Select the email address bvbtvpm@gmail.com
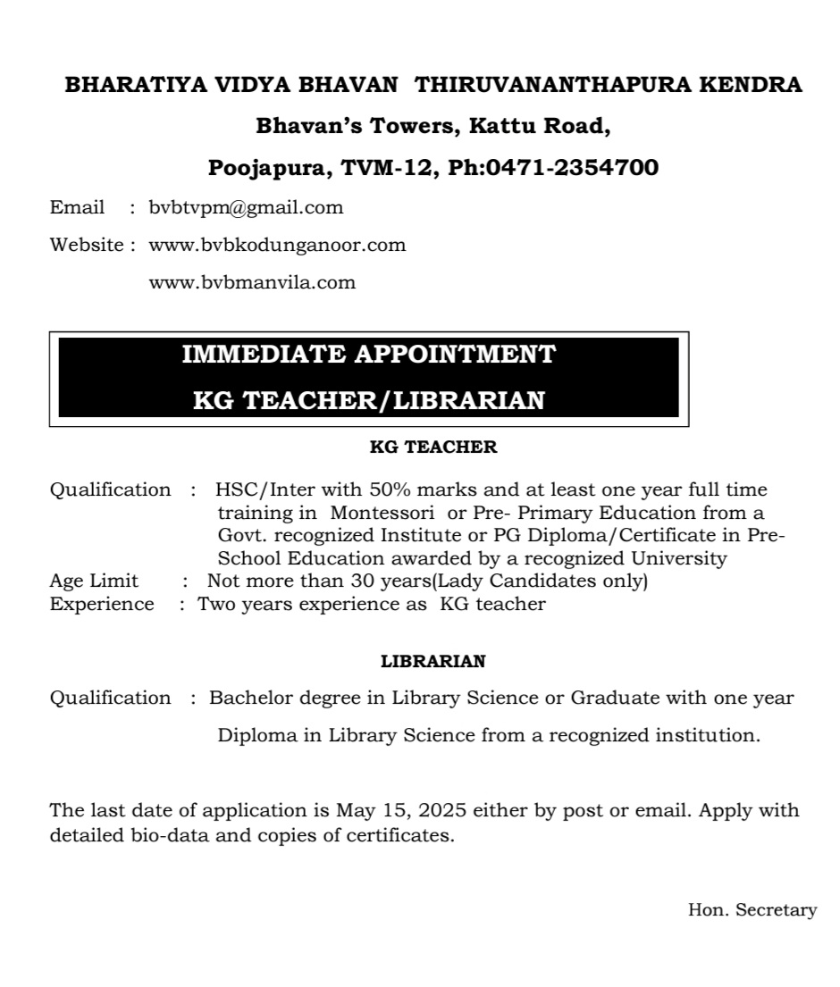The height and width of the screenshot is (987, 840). [246, 208]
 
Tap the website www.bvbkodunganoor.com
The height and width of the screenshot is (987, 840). [277, 245]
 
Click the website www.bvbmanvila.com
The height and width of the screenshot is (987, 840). [252, 283]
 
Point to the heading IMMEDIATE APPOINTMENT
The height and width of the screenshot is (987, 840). [368, 355]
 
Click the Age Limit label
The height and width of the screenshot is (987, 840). [94, 581]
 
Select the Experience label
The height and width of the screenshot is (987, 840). [101, 605]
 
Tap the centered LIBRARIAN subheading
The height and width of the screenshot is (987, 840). [433, 662]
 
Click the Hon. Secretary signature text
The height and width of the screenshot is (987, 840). [752, 910]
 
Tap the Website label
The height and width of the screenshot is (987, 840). [87, 245]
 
